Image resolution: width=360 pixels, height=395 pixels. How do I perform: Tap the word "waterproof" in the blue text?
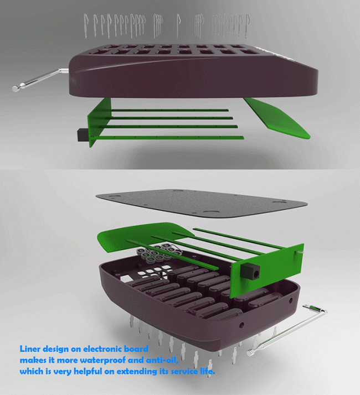tap(103, 360)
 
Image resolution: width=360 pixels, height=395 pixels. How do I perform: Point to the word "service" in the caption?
tap(185, 371)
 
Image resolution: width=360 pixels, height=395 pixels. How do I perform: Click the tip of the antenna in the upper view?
tap(15, 89)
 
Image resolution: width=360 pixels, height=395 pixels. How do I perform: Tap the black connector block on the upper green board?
tap(82, 135)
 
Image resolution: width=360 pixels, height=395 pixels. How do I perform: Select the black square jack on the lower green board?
tap(250, 272)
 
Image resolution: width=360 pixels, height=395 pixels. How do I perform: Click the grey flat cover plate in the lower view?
tap(202, 204)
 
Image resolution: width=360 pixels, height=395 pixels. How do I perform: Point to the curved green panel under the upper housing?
tap(277, 117)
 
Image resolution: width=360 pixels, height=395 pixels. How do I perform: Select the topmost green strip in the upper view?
tap(169, 110)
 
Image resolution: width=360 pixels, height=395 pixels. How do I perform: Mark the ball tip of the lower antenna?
tap(250, 353)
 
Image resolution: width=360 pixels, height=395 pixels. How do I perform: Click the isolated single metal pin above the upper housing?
tap(178, 25)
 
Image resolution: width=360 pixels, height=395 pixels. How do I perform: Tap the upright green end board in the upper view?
tap(99, 123)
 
